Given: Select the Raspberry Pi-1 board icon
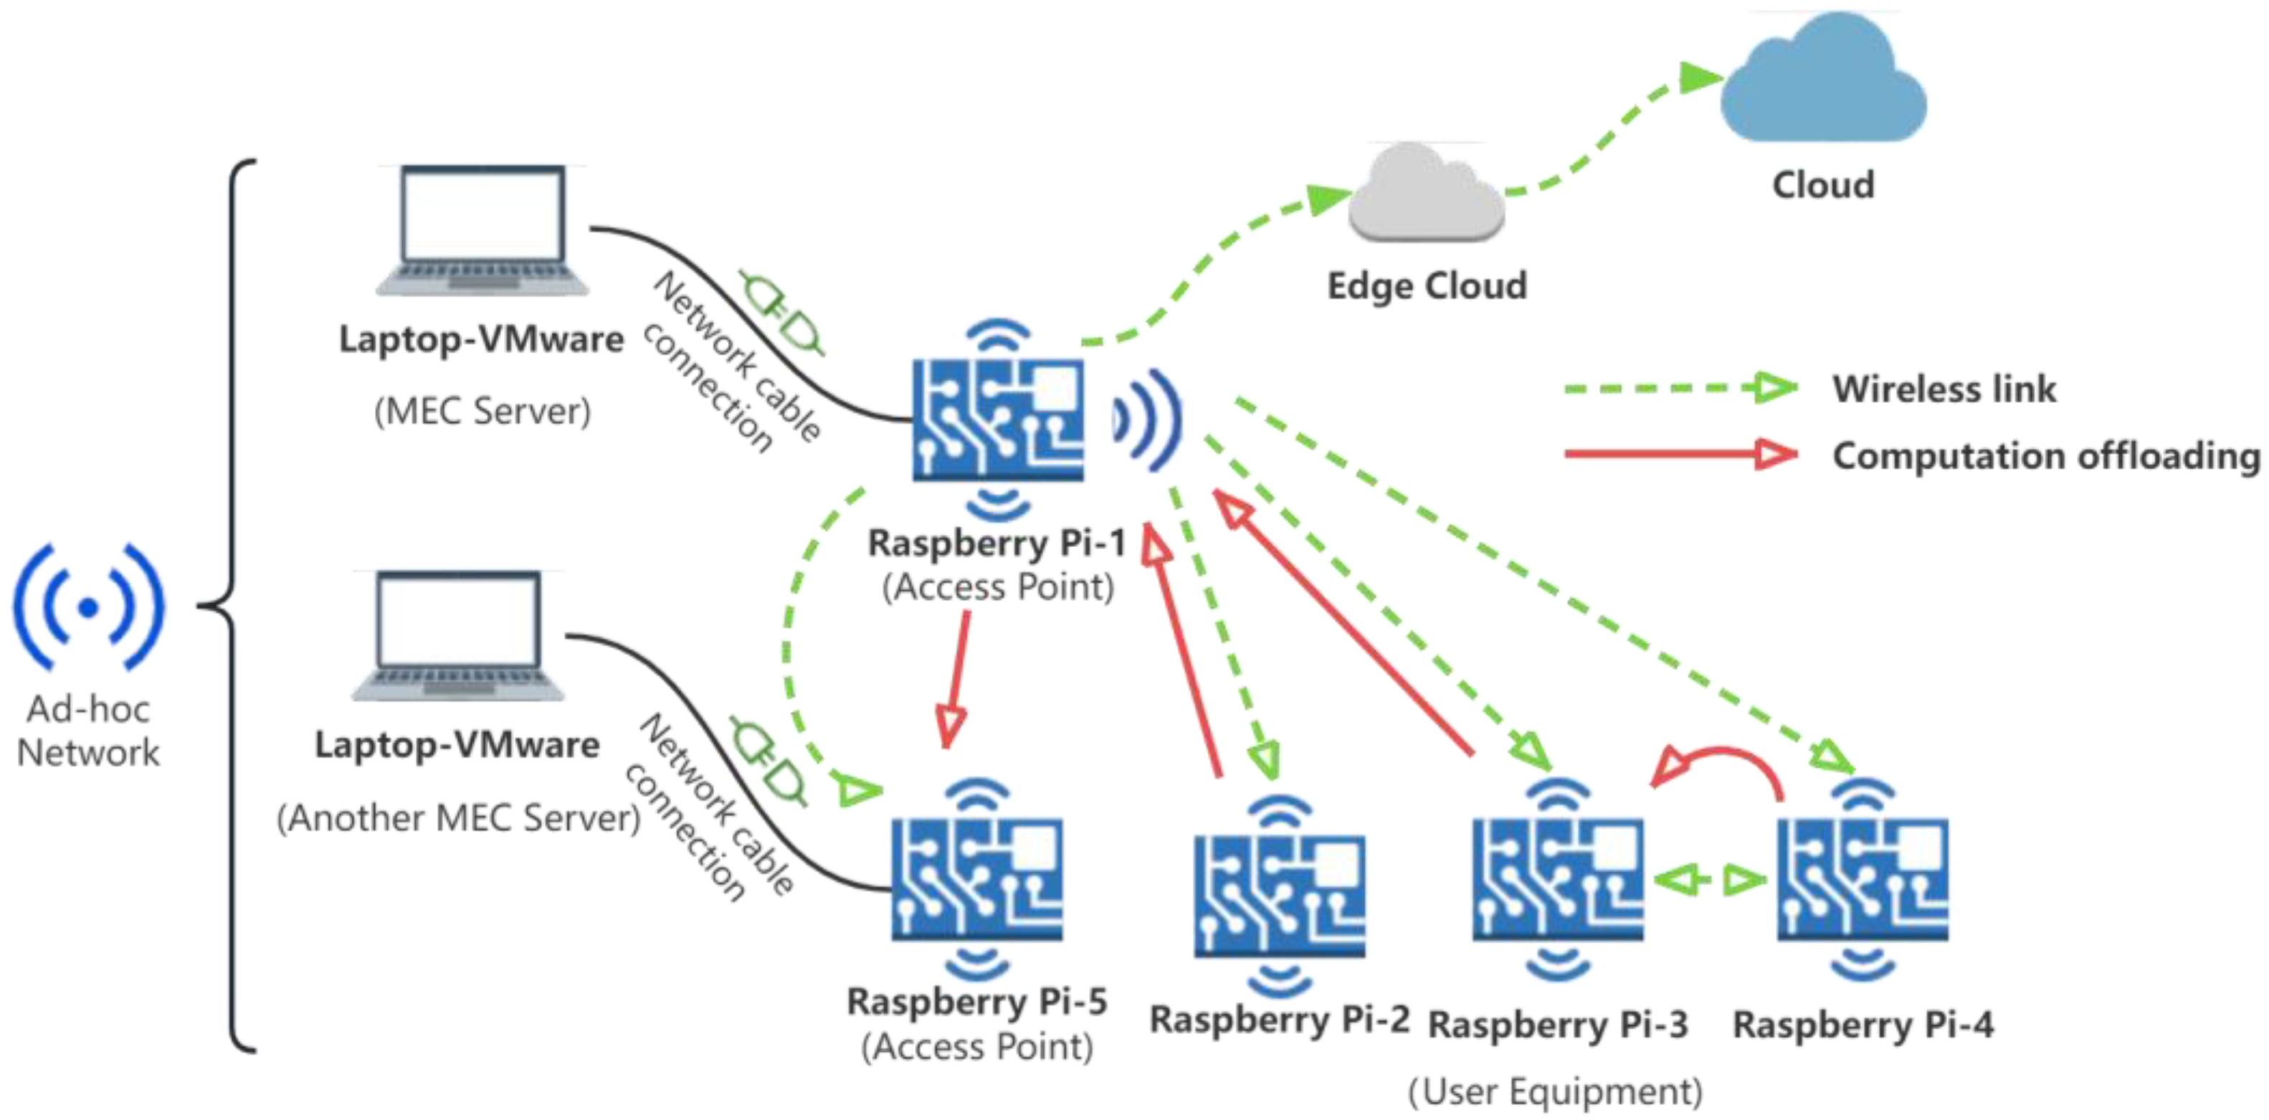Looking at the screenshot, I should click(x=998, y=419).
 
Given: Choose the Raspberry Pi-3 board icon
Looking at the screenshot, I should click(x=1557, y=879).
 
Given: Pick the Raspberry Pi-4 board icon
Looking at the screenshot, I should click(x=1862, y=879).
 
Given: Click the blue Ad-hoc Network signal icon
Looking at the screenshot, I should click(x=88, y=608).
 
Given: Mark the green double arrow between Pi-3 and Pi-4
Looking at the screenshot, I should click(x=1710, y=879).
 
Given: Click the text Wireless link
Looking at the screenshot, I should click(x=1944, y=389).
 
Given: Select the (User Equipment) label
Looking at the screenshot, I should click(x=1555, y=1091).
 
